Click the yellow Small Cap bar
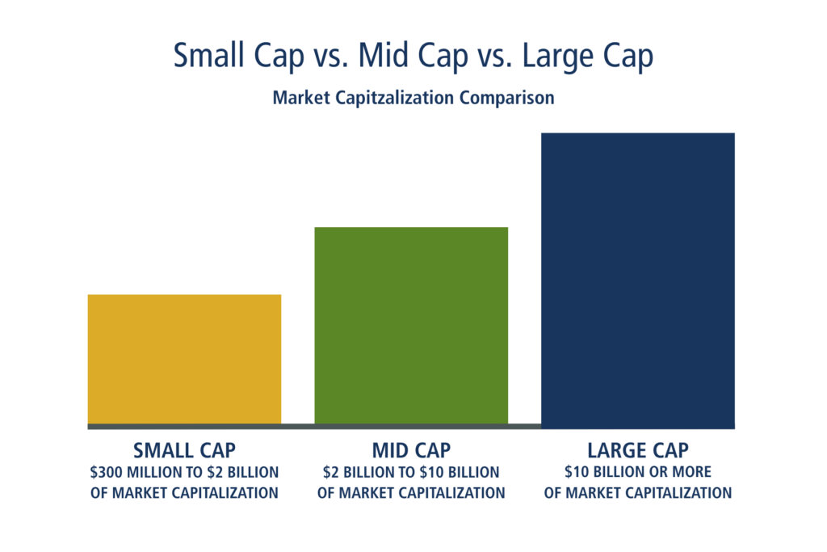pos(184,359)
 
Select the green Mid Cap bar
pos(411,324)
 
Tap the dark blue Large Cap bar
pos(638,280)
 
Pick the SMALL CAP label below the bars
pos(185,450)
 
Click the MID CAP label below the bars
pos(411,450)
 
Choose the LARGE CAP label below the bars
pos(638,450)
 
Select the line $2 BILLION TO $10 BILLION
pos(411,472)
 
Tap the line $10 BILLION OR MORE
pos(638,472)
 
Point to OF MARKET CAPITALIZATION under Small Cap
pos(185,492)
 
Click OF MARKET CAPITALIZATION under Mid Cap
pos(411,492)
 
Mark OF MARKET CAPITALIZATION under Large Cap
pos(638,492)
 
